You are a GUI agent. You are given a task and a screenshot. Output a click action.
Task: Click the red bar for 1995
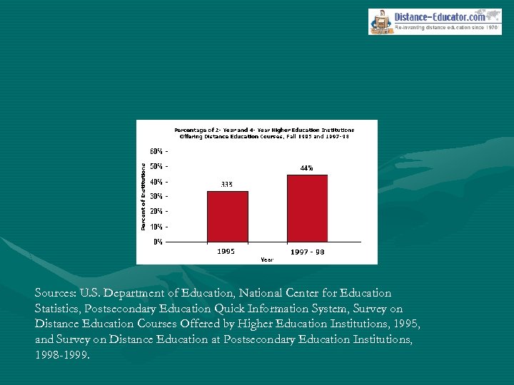228,216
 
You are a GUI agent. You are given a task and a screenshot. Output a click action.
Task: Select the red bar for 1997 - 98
307,207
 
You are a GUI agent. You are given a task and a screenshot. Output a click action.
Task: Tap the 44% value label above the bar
306,168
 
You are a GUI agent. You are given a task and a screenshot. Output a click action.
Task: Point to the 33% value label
226,184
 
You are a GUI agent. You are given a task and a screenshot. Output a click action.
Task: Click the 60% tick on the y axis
156,151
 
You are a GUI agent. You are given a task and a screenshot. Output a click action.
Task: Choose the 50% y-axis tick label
156,166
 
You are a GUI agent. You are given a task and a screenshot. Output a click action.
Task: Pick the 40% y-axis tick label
156,181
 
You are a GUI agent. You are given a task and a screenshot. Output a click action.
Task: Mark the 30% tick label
156,196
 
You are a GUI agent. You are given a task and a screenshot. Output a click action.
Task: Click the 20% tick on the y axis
156,211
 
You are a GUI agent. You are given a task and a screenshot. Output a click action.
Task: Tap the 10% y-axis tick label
156,226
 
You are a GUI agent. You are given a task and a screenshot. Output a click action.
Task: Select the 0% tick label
158,242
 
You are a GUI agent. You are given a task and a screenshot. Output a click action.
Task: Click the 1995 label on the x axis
226,251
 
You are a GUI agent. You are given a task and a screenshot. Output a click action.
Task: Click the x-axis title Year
266,260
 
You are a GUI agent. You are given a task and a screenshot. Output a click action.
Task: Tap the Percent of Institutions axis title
143,196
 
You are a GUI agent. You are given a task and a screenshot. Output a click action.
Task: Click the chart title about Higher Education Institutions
264,133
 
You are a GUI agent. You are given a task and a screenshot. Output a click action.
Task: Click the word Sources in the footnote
57,293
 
